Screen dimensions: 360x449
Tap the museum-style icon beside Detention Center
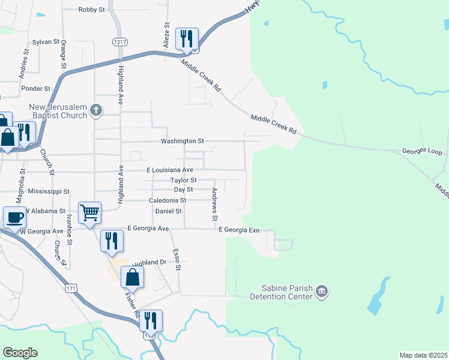[x=322, y=292]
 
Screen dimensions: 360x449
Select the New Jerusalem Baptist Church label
[x=58, y=111]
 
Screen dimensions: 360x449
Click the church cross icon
[x=97, y=110]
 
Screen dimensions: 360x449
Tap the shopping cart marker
[x=89, y=212]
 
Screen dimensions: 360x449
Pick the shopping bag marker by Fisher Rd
[x=132, y=278]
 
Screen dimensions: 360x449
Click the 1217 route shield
[x=119, y=41]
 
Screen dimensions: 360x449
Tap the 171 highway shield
[x=71, y=290]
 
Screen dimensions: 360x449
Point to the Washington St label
[x=182, y=141]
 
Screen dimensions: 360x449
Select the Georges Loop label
[x=421, y=152]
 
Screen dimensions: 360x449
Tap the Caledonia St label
[x=167, y=200]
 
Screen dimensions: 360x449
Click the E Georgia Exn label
[x=238, y=230]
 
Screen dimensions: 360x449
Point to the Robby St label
[x=92, y=10]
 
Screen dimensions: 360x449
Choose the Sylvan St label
[x=46, y=42]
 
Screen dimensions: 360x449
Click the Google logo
[x=20, y=353]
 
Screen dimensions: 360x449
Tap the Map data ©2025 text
[x=423, y=355]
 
